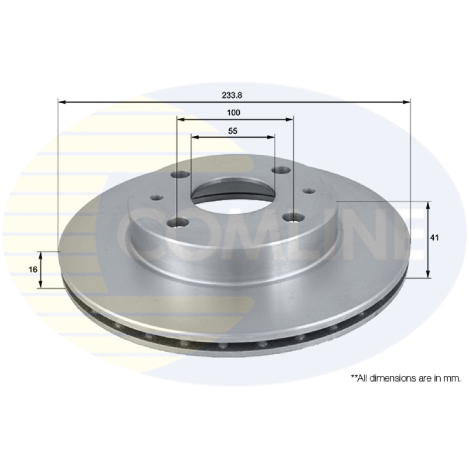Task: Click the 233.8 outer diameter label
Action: pos(232,95)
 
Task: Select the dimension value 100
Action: pos(233,113)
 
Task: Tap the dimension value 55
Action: pos(232,131)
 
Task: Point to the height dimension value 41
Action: pos(434,238)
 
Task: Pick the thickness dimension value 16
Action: pos(33,270)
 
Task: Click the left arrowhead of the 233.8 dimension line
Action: pos(62,102)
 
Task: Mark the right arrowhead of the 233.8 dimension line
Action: pos(406,102)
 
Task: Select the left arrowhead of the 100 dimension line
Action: pos(181,120)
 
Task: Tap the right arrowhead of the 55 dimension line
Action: pos(271,137)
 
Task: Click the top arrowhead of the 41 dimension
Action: pos(428,205)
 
